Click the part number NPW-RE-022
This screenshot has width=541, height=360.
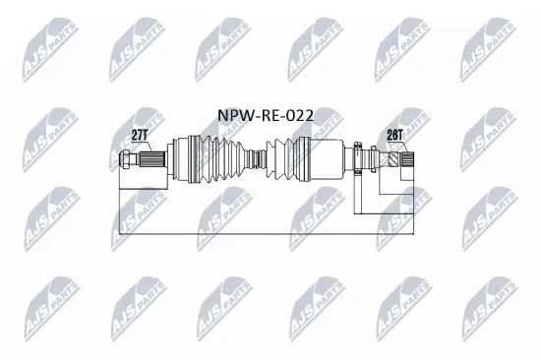click(x=266, y=116)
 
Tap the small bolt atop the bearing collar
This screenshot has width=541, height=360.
click(x=361, y=144)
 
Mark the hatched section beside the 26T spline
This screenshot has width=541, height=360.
click(x=393, y=158)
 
